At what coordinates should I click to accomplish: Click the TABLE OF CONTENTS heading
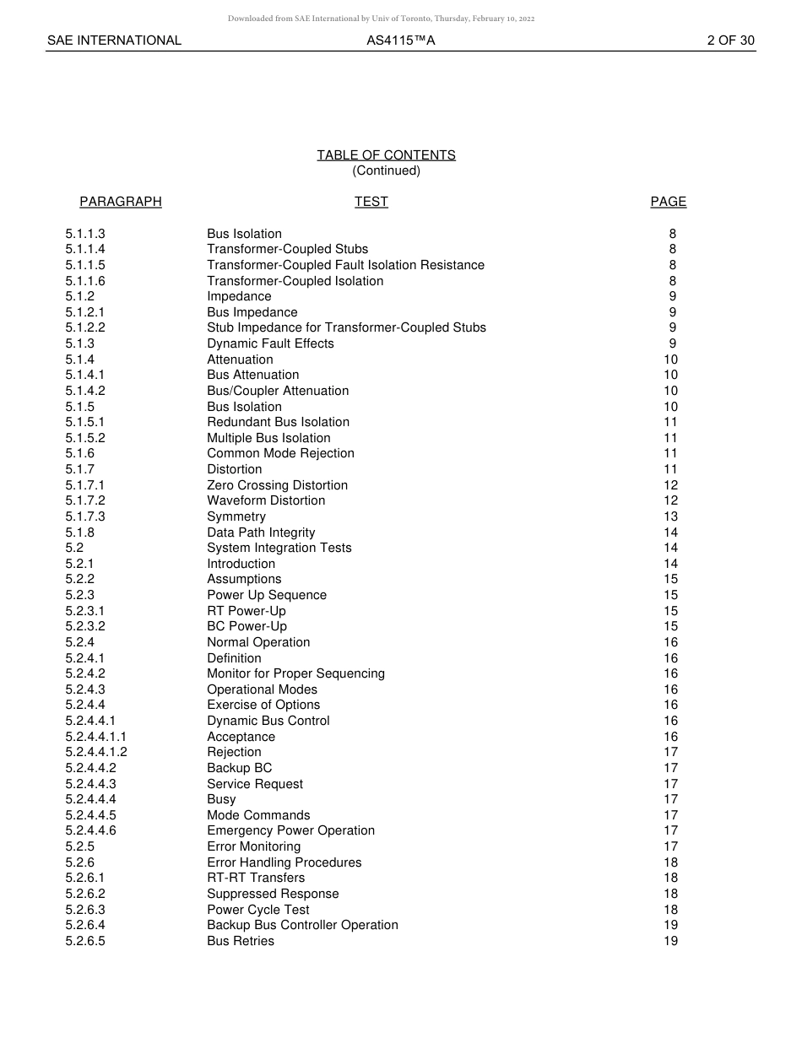pyautogui.click(x=386, y=155)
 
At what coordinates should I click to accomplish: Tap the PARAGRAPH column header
pyautogui.click(x=121, y=202)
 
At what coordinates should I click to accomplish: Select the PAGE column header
pyautogui.click(x=668, y=202)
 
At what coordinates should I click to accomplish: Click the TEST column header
pyautogui.click(x=371, y=202)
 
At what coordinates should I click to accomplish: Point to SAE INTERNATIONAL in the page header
pyautogui.click(x=114, y=41)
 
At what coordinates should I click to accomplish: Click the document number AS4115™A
pyautogui.click(x=400, y=41)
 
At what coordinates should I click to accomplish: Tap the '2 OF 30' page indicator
pyautogui.click(x=730, y=41)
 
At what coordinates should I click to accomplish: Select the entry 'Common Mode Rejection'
pyautogui.click(x=280, y=453)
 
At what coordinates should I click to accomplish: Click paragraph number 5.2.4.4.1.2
pyautogui.click(x=96, y=752)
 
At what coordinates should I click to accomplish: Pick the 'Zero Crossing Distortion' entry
pyautogui.click(x=277, y=485)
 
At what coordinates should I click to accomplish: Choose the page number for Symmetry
pyautogui.click(x=670, y=516)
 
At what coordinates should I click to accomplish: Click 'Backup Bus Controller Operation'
pyautogui.click(x=302, y=925)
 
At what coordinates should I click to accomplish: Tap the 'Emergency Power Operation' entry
pyautogui.click(x=290, y=830)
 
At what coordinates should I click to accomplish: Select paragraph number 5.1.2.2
pyautogui.click(x=85, y=327)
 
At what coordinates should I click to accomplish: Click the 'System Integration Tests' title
pyautogui.click(x=279, y=548)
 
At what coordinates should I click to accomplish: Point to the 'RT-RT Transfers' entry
pyautogui.click(x=256, y=878)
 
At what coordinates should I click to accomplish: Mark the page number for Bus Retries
pyautogui.click(x=670, y=941)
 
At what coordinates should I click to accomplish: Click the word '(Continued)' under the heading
pyautogui.click(x=386, y=170)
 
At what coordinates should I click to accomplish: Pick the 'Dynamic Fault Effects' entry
pyautogui.click(x=270, y=343)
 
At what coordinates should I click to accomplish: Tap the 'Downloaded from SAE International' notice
pyautogui.click(x=381, y=19)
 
